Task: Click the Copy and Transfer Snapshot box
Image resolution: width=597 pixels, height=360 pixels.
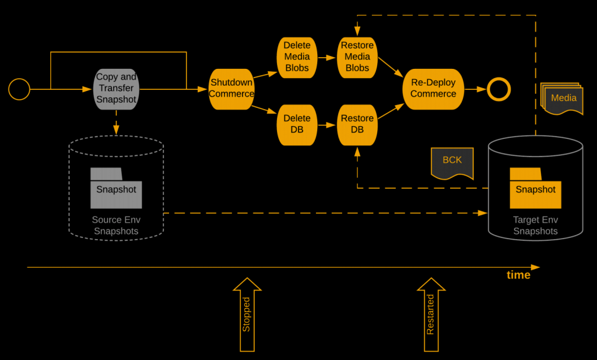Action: coord(116,88)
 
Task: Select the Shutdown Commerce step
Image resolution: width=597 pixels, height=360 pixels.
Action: coord(231,88)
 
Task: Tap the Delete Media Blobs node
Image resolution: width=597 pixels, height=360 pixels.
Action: coord(297,57)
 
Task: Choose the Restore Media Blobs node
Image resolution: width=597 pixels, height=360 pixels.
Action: coord(357,57)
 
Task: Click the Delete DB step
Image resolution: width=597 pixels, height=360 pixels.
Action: coord(297,124)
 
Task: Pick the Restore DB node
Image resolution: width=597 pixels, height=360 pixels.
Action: coord(357,124)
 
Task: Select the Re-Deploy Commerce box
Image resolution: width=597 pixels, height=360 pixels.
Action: coord(433,89)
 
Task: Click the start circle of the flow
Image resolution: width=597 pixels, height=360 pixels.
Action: coord(19,89)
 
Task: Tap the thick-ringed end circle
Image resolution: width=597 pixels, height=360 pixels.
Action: coord(499,89)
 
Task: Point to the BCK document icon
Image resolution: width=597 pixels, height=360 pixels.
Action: coord(452,163)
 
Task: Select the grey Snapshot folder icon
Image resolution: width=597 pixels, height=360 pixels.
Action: coord(116,188)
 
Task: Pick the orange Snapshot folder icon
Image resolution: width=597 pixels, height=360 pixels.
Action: coord(535,188)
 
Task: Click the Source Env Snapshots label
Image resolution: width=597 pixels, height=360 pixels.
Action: coord(116,226)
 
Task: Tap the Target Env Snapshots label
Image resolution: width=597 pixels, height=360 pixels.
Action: coord(535,226)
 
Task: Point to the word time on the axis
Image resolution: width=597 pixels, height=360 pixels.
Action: coord(518,275)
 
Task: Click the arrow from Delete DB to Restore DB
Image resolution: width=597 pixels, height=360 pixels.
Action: coord(326,124)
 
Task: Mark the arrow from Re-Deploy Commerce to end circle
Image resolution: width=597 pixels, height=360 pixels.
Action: coord(475,89)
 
